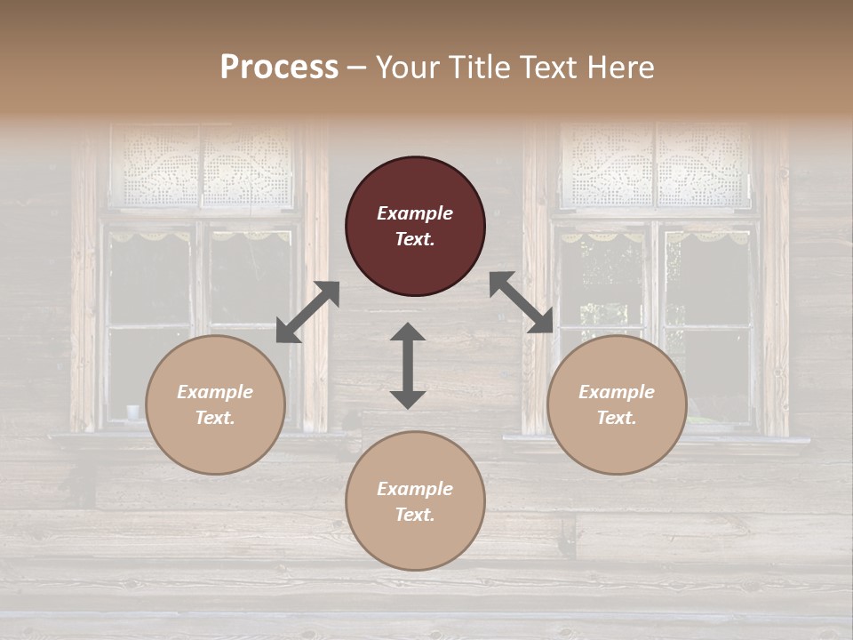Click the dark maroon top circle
(x=415, y=227)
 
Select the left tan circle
(x=215, y=405)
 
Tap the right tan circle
(x=617, y=405)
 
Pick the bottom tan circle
(x=415, y=501)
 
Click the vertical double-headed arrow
(x=408, y=365)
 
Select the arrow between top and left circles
(x=307, y=312)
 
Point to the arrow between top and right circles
(x=522, y=302)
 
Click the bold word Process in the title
(x=279, y=67)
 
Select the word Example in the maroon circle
(x=415, y=213)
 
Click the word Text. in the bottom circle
(x=415, y=515)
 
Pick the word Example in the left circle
(x=215, y=392)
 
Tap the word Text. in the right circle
(x=617, y=418)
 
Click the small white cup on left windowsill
(x=133, y=412)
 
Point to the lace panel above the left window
(x=203, y=166)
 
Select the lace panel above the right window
(x=656, y=166)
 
